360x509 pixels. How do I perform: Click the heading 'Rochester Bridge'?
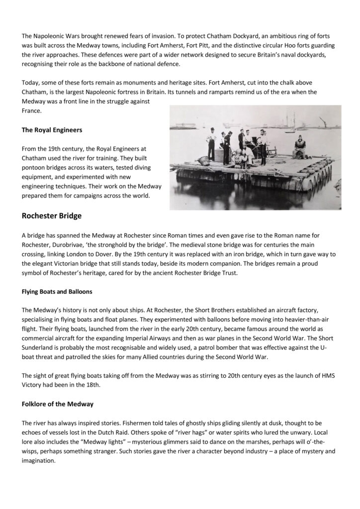[x=52, y=216]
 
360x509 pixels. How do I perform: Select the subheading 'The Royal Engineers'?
[x=52, y=131]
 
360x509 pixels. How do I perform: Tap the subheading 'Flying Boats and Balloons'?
[x=57, y=291]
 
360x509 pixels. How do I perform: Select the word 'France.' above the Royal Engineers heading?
[x=31, y=111]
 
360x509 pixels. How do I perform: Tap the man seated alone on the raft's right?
[x=300, y=148]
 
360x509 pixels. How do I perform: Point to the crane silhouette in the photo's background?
[x=323, y=121]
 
